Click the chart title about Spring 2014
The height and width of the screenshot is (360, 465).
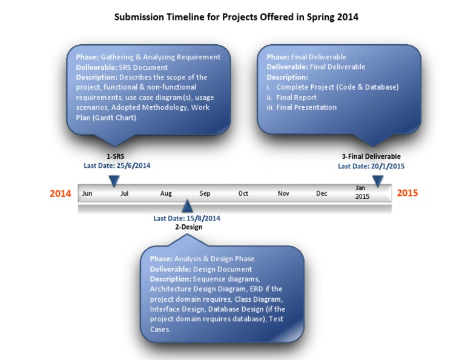point(236,17)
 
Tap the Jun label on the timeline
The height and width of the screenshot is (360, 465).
point(87,193)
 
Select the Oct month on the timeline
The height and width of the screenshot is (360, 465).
point(243,193)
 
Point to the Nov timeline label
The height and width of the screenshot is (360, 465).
point(283,193)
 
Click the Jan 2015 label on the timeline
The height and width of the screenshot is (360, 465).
point(361,192)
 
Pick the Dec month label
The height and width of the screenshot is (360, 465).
point(322,193)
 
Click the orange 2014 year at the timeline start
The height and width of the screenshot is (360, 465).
point(60,193)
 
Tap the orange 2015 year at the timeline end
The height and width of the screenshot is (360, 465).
point(407,193)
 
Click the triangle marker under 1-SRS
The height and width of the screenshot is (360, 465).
point(113,181)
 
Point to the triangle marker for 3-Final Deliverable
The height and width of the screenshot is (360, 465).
point(378,181)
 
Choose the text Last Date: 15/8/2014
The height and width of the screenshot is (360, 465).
point(186,218)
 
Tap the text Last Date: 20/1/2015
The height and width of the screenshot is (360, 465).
point(371,166)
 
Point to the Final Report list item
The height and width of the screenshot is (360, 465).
point(296,97)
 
